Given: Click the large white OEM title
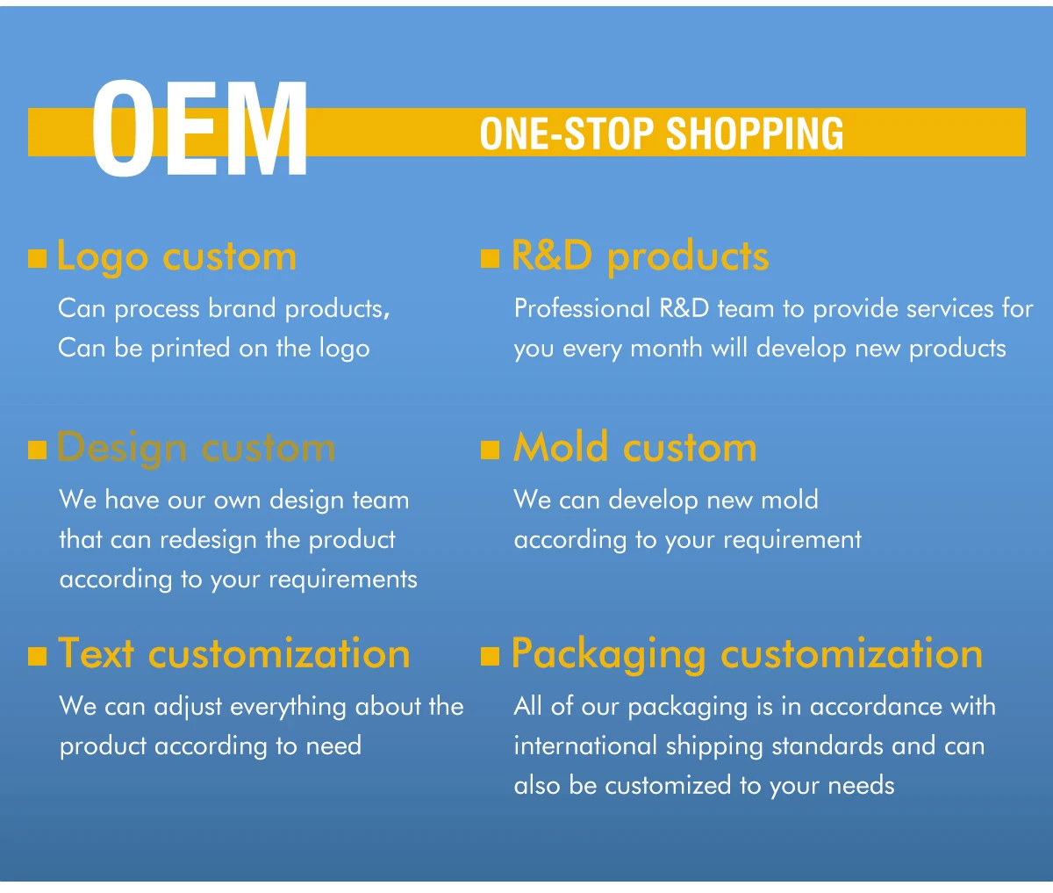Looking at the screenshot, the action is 200,128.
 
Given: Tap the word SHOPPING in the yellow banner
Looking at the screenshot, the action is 755,133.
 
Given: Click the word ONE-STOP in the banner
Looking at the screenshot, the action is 567,133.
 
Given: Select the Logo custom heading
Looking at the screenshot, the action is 176,257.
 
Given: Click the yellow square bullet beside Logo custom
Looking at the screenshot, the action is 37,258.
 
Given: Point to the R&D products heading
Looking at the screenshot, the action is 640,256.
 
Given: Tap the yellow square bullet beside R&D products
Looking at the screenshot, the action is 490,258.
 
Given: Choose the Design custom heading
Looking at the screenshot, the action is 196,449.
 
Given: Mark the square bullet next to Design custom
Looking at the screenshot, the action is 37,450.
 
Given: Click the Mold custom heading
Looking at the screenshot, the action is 634,447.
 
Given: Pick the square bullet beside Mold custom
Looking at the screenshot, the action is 490,450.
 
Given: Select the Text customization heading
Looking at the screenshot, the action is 233,653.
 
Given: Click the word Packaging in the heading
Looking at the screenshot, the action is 608,655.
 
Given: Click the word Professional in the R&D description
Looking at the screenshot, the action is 582,308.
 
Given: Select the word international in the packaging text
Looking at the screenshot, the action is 584,745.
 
